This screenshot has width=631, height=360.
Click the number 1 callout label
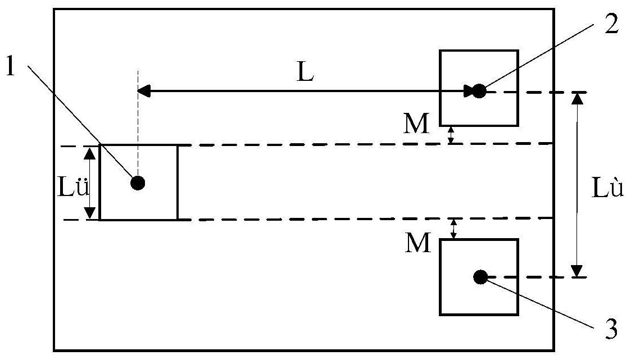(11, 66)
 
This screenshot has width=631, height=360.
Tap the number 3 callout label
(611, 329)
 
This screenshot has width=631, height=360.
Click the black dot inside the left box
(138, 183)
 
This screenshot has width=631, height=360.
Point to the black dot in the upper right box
(479, 91)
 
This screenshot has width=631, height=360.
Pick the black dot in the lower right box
(480, 277)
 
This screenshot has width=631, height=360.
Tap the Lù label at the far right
(607, 187)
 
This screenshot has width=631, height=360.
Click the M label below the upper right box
(416, 124)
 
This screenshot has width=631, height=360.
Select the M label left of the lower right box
(418, 243)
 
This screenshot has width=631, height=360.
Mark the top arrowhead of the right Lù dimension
(578, 98)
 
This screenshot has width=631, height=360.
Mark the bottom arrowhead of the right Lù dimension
(578, 271)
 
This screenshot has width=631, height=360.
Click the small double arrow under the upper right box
(451, 135)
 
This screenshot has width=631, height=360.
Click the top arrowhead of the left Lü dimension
(90, 153)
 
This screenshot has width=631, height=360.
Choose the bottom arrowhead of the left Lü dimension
(90, 213)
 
